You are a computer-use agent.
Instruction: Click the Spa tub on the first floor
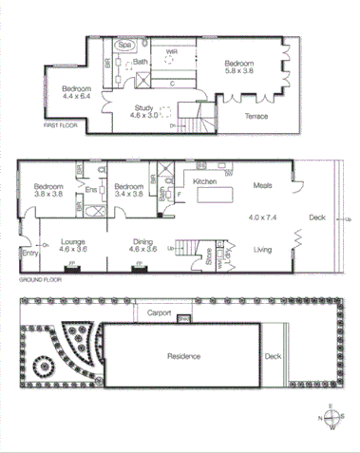124,45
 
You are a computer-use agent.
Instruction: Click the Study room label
144,107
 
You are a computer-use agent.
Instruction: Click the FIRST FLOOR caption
60,125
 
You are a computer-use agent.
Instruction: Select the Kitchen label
206,180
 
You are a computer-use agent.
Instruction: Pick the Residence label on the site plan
182,356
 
